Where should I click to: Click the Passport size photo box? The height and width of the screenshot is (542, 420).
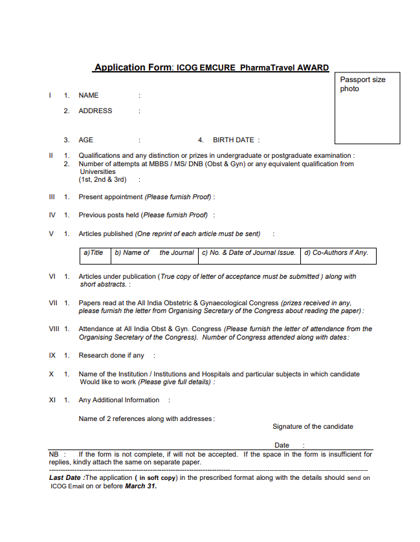coord(367,107)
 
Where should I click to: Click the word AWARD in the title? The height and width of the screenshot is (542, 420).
coord(313,67)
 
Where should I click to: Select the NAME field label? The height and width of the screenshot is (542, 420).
coord(89,95)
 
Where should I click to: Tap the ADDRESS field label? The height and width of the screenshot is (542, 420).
coord(95,111)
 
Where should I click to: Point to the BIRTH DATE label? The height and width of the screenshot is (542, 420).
coord(234,140)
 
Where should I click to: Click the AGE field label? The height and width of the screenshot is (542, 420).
coord(86,140)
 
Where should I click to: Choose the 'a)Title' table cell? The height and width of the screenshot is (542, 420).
coord(94,253)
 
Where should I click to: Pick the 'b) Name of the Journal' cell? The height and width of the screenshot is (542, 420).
coord(154,253)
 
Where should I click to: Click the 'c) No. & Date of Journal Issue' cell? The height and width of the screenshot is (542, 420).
coord(249,253)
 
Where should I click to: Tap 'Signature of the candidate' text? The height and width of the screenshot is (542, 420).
coord(313,426)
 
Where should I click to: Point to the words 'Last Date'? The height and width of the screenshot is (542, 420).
coord(65,478)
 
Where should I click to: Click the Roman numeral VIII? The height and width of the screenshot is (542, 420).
coord(54,329)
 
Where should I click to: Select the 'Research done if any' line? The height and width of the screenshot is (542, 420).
coord(111,355)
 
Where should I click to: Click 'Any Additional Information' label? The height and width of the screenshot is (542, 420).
coord(119,400)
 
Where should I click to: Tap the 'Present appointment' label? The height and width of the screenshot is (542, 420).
coord(111,197)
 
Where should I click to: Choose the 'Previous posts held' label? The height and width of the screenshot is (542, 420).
coord(109,215)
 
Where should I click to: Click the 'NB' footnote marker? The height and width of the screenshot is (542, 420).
coord(54,454)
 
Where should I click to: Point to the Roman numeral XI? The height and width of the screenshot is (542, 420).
coord(52,400)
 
